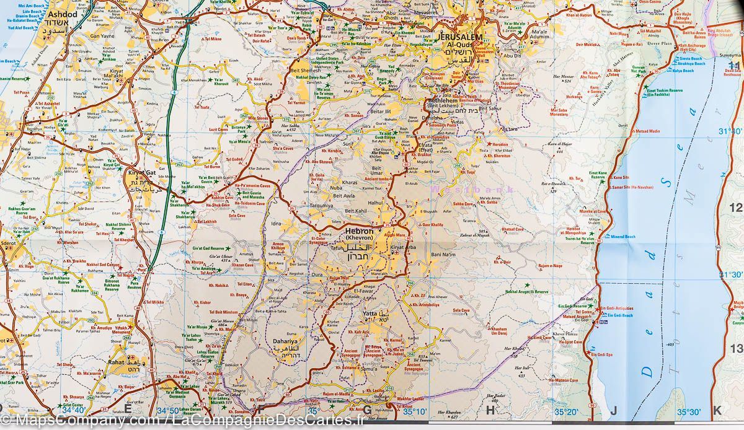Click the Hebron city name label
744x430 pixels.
tap(358, 231)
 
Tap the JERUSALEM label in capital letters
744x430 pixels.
tap(459, 38)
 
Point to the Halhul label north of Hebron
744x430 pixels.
tap(376, 203)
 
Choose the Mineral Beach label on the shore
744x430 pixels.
tap(624, 237)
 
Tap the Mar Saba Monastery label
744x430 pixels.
tap(559, 112)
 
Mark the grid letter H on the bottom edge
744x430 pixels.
tap(490, 409)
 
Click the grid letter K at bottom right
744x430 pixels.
tap(717, 410)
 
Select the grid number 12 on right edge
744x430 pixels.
tap(735, 208)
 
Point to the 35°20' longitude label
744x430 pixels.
tap(565, 411)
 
